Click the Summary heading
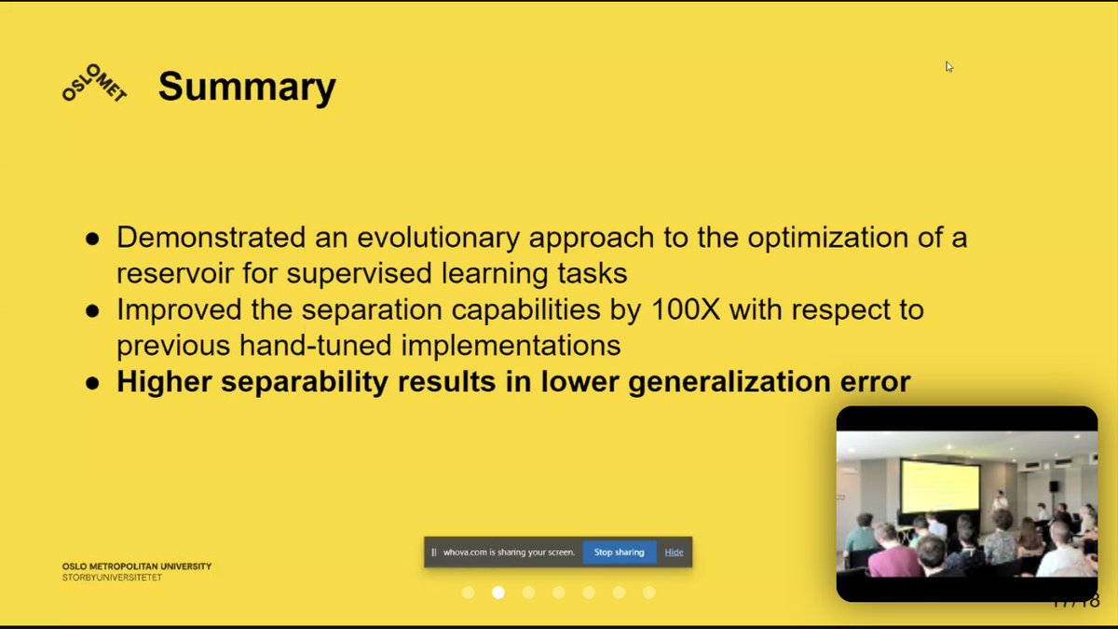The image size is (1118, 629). pyautogui.click(x=247, y=87)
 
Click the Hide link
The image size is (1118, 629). pyautogui.click(x=674, y=552)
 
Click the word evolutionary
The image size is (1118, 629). pyautogui.click(x=429, y=238)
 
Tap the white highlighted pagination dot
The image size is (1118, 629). pyautogui.click(x=498, y=593)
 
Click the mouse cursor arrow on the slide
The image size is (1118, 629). pyautogui.click(x=948, y=66)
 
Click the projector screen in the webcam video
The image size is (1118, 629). pyautogui.click(x=941, y=487)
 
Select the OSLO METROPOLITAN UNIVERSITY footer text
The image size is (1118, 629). pyautogui.click(x=137, y=567)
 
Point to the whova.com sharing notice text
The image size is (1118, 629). pyautogui.click(x=508, y=552)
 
